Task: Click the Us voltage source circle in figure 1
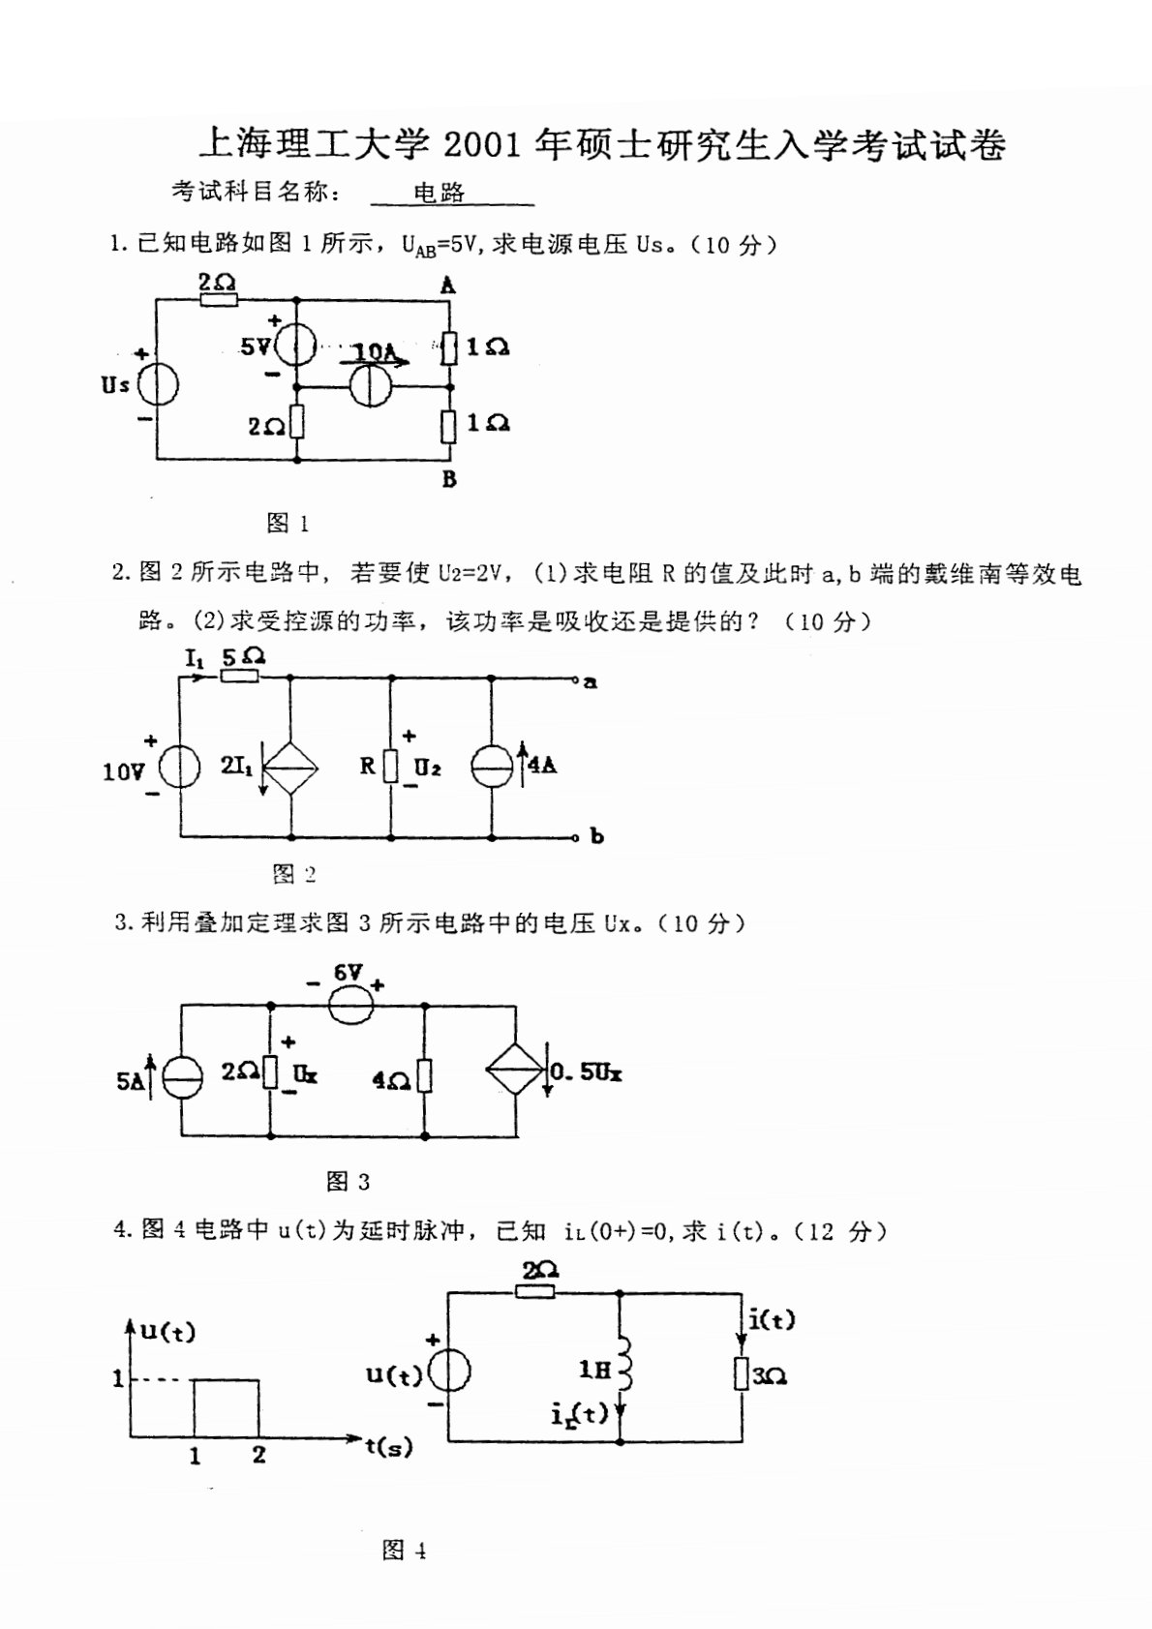click(x=157, y=386)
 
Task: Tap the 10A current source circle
click(x=368, y=386)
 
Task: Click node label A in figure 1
click(x=447, y=286)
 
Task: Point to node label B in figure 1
click(x=449, y=479)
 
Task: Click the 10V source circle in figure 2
click(x=179, y=769)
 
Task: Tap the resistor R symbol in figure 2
click(x=390, y=768)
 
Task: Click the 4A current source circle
click(x=491, y=768)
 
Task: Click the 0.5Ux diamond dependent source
click(x=515, y=1071)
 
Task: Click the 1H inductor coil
click(x=623, y=1369)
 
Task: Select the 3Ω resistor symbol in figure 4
click(x=741, y=1373)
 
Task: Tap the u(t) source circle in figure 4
click(x=449, y=1372)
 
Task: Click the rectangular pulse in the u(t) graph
click(x=227, y=1408)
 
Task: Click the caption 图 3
click(x=349, y=1182)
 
